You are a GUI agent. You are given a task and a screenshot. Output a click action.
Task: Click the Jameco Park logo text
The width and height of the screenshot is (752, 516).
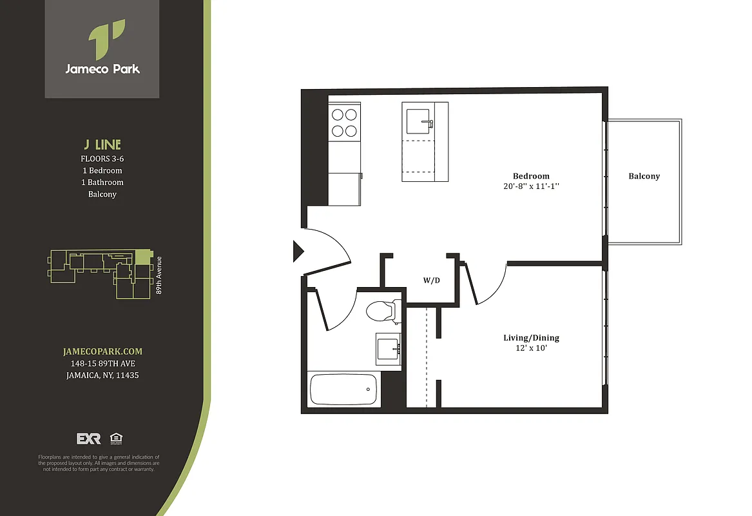102,69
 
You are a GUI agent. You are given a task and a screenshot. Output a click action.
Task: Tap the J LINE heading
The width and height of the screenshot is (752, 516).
102,144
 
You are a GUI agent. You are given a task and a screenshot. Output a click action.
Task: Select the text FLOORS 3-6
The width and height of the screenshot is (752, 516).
102,159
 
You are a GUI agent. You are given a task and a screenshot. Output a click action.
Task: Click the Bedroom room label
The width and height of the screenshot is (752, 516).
531,176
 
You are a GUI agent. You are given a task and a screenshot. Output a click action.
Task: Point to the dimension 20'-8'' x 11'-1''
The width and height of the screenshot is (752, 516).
531,186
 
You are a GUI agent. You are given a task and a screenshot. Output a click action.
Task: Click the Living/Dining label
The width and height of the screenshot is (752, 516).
531,338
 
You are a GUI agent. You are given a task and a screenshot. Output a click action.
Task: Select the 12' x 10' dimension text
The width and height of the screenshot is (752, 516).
531,349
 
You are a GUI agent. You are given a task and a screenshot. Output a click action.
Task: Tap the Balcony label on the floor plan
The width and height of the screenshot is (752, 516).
644,176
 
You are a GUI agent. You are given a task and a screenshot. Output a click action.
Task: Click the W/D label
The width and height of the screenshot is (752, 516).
431,281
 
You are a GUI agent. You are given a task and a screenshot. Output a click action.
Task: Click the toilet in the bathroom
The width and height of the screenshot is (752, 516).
381,312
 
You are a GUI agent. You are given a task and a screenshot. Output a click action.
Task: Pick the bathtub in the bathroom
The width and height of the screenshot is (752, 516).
344,389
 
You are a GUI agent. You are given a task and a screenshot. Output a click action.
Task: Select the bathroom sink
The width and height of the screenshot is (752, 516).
389,348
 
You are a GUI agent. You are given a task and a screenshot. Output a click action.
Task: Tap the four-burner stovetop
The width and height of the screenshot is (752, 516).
343,123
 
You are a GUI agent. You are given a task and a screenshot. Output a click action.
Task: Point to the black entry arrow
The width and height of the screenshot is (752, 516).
298,251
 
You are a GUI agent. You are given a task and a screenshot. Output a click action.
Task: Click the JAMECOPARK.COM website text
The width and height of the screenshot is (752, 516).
102,352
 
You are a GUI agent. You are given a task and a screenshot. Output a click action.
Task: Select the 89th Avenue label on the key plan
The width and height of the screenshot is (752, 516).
159,276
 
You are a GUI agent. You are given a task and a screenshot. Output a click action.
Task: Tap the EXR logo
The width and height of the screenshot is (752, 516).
89,439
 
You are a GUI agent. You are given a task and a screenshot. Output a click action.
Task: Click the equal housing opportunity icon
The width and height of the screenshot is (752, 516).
117,438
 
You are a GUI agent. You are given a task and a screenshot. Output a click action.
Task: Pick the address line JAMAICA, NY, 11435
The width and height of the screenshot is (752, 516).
102,375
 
